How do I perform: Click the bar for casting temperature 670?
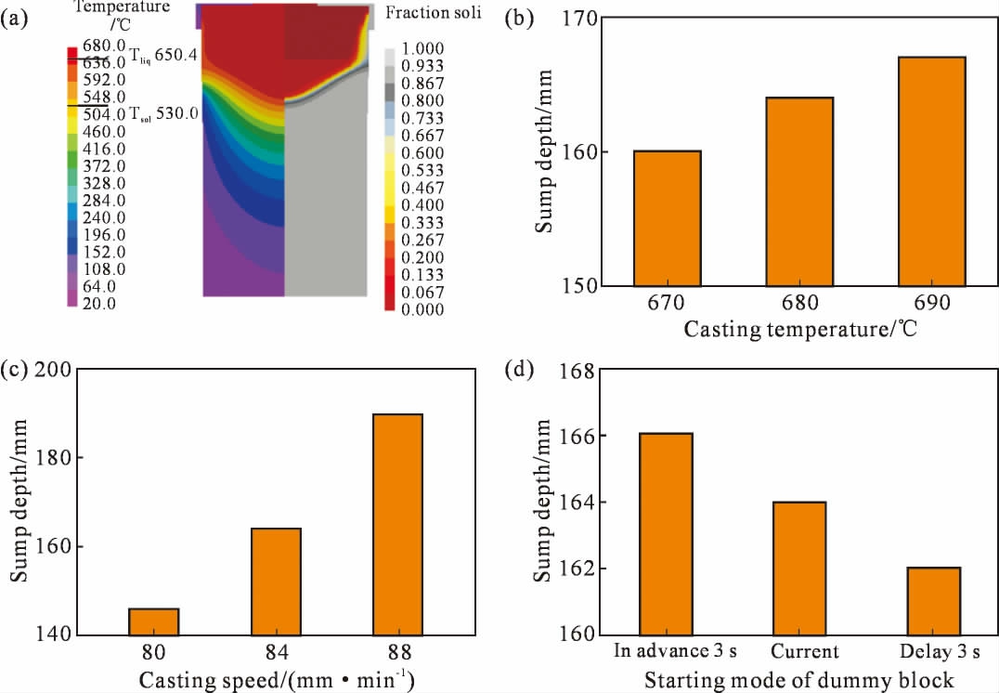coord(668,217)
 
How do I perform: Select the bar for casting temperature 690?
coord(932,171)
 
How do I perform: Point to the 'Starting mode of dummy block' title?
coord(799,678)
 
